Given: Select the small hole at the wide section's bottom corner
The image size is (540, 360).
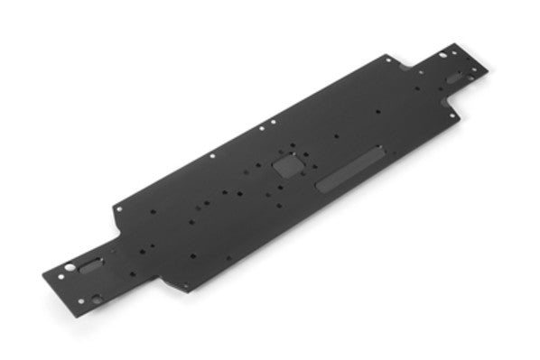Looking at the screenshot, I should point(187,288).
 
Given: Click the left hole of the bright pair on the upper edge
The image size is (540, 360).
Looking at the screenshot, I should point(262,128).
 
